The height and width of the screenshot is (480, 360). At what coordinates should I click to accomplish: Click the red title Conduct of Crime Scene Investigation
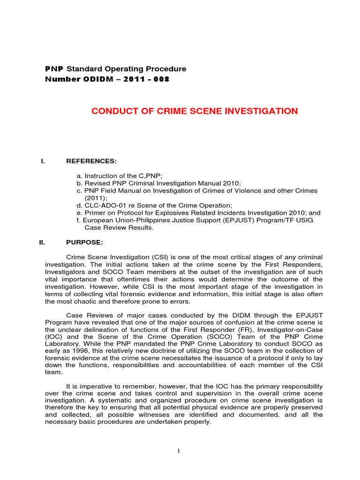point(194,111)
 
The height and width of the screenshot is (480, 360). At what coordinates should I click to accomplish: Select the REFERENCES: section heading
point(91,161)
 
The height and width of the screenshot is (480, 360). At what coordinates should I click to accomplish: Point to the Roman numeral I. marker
point(43,161)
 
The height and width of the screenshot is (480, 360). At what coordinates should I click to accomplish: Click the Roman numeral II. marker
point(42,242)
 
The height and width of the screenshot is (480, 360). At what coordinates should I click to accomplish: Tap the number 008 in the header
point(161,79)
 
